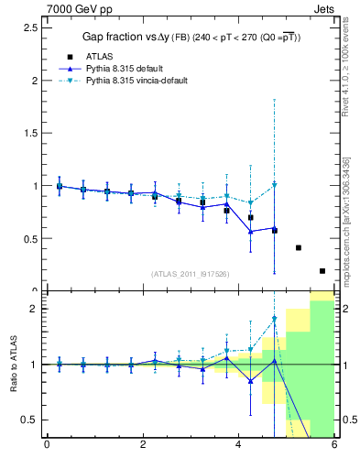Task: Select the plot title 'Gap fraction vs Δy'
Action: click(x=137, y=38)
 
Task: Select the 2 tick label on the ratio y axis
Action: click(x=31, y=309)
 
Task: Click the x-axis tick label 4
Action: click(x=239, y=446)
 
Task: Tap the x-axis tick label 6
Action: click(x=334, y=446)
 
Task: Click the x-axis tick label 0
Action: click(x=47, y=446)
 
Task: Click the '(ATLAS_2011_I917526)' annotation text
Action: click(x=190, y=273)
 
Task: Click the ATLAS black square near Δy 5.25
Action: click(x=299, y=247)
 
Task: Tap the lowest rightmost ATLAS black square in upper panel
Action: click(x=322, y=270)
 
